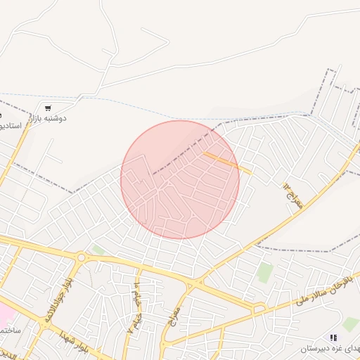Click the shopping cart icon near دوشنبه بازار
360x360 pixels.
pyautogui.click(x=47, y=108)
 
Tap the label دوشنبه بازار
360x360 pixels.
pyautogui.click(x=52, y=119)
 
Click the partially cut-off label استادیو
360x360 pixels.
pyautogui.click(x=11, y=125)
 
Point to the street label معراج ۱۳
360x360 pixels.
pyautogui.click(x=292, y=194)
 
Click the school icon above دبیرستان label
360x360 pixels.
pyautogui.click(x=333, y=338)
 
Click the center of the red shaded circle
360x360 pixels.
pyautogui.click(x=180, y=179)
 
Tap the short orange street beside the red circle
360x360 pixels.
pyautogui.click(x=227, y=162)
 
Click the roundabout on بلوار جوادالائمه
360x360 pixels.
pyautogui.click(x=81, y=258)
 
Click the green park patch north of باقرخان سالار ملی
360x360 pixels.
pyautogui.click(x=264, y=272)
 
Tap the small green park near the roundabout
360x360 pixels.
pyautogui.click(x=99, y=250)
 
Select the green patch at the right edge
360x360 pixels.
pyautogui.click(x=351, y=323)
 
